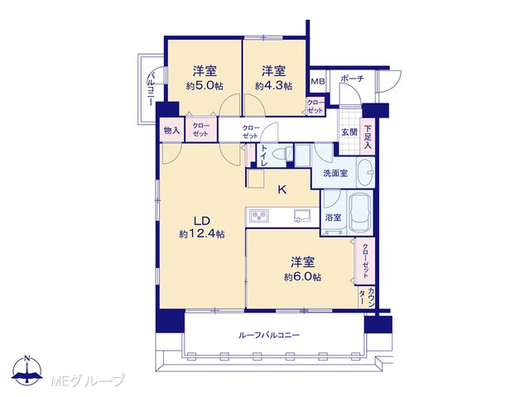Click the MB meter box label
317,81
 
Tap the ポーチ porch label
352,79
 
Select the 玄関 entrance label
349,132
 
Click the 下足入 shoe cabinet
368,137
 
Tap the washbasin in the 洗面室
366,173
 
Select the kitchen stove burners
259,216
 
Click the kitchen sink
301,216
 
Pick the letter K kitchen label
282,189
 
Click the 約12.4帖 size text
202,233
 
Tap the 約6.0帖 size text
302,277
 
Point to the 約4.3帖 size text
274,86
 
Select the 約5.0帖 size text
205,86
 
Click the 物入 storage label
171,131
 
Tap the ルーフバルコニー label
269,335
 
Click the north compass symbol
27,370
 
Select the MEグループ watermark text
89,380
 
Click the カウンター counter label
367,297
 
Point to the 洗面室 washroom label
335,174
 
